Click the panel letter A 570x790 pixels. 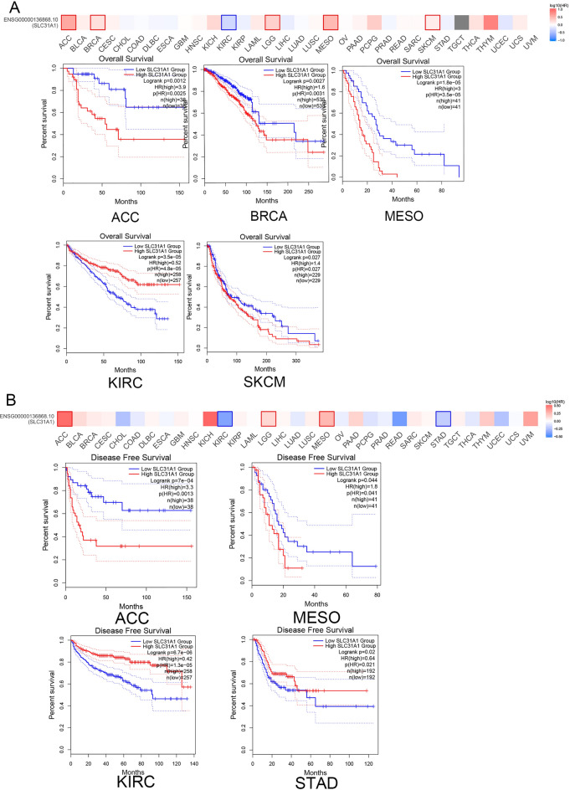coord(10,8)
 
